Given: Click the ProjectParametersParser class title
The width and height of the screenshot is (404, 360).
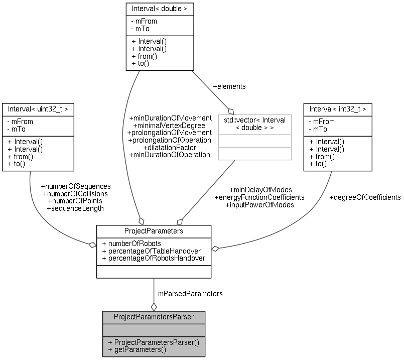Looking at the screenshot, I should tap(153, 317).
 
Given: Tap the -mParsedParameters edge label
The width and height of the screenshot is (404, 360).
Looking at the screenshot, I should tap(189, 294).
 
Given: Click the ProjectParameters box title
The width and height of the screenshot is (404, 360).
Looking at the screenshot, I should tap(153, 231).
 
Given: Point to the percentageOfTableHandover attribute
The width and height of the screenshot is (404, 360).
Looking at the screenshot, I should tap(151, 251).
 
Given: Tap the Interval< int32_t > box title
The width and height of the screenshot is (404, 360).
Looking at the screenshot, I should tap(337, 108).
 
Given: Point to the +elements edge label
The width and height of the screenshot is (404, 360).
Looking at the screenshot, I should tap(229, 86).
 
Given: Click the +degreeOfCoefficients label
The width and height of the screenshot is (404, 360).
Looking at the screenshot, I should tap(365, 197).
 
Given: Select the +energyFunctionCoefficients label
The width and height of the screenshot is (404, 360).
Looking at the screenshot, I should tap(259, 197).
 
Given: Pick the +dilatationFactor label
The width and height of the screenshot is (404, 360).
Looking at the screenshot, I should tap(170, 148).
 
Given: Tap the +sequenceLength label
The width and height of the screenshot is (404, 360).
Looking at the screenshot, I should tap(75, 208).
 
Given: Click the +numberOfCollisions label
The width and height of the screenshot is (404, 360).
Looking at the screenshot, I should tap(75, 193).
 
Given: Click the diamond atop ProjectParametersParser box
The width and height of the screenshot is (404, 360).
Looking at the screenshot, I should tap(154, 306).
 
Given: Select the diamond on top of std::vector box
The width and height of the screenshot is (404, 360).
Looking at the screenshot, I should tap(231, 110).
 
